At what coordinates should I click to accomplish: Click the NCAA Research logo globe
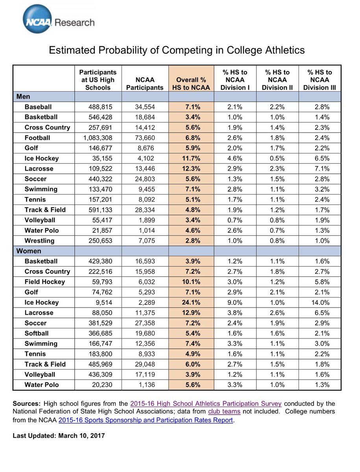click(37, 19)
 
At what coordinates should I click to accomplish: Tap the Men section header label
click(23, 96)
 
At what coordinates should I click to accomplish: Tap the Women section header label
click(29, 251)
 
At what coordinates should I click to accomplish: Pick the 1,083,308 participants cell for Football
click(98, 138)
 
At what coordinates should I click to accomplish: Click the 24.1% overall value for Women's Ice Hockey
click(191, 302)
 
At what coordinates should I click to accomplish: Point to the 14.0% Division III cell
click(320, 302)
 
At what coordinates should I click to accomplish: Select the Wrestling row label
click(39, 241)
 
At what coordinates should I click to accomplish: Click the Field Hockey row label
click(45, 282)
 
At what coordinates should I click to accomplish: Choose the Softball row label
click(37, 333)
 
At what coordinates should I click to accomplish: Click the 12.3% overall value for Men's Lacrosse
click(191, 169)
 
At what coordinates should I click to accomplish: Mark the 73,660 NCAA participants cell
click(145, 138)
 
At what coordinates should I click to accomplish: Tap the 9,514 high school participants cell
click(104, 302)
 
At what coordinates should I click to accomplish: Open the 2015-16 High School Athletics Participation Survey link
click(206, 404)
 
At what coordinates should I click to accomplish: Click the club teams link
click(224, 411)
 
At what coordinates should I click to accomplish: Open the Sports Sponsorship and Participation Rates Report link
click(146, 420)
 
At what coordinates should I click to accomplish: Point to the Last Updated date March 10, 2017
click(81, 436)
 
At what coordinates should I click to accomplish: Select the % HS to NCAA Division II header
click(277, 80)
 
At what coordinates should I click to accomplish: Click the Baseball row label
click(38, 107)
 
